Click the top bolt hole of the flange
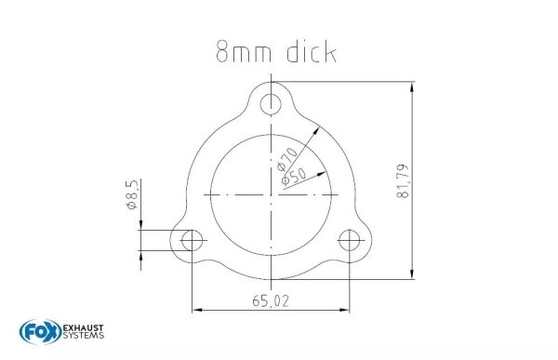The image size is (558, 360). click(271, 101)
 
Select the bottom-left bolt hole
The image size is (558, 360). click(193, 241)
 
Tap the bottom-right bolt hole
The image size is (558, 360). click(350, 241)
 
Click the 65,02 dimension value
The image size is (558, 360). click(271, 301)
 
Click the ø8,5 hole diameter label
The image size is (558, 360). click(132, 198)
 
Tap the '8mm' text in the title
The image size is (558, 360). click(236, 53)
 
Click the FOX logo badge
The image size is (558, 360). click(37, 332)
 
